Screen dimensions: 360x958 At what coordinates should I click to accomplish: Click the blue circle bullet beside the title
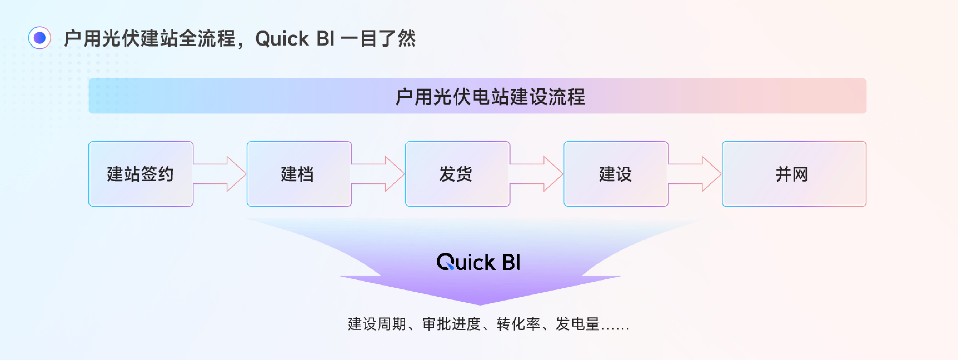tap(39, 38)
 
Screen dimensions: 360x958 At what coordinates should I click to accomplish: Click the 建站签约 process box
tap(141, 174)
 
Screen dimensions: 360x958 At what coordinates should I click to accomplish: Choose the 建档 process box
tap(299, 174)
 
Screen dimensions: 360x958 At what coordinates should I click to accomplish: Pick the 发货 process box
tap(457, 174)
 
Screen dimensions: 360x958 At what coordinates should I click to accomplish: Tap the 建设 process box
tap(616, 174)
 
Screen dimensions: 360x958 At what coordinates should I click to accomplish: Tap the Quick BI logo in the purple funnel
tap(479, 262)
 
